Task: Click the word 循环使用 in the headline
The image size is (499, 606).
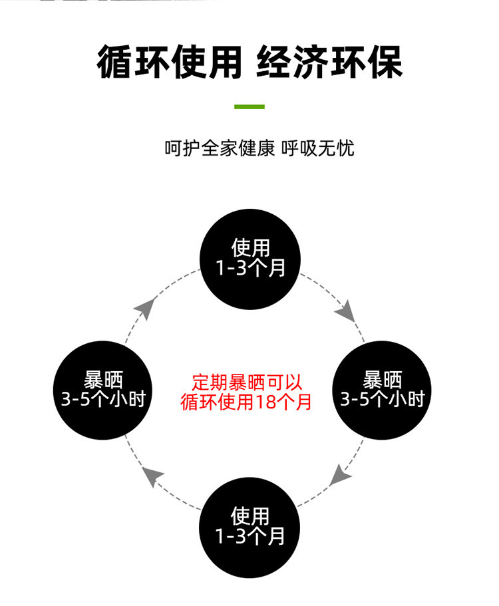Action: click(x=169, y=63)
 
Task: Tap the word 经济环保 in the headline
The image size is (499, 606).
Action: click(x=329, y=63)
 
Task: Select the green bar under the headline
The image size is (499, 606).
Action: click(x=249, y=106)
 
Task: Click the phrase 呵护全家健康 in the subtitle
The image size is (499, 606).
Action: click(x=220, y=148)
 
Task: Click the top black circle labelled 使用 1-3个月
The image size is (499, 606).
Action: click(x=250, y=259)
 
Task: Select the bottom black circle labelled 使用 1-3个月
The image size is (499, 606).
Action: click(x=250, y=527)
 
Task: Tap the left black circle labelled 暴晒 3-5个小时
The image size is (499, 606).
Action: click(x=104, y=390)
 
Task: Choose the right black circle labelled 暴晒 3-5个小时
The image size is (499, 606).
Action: click(x=383, y=390)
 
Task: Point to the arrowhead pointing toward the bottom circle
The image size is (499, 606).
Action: click(x=341, y=474)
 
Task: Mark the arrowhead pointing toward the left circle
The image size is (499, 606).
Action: click(x=154, y=476)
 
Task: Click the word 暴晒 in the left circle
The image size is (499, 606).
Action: click(x=104, y=380)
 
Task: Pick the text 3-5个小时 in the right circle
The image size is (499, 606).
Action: click(x=383, y=399)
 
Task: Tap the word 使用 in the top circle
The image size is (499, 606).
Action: click(x=250, y=249)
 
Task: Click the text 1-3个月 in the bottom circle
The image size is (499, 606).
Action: click(x=250, y=536)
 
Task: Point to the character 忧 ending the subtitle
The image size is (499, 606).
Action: click(x=346, y=148)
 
